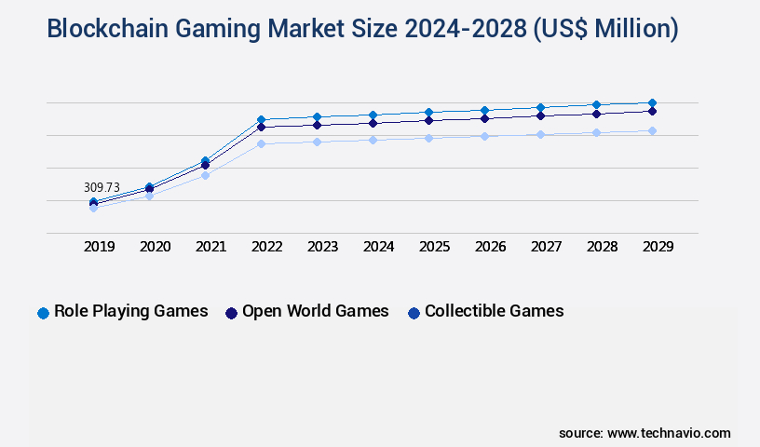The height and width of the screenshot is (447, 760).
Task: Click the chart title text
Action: click(x=362, y=29)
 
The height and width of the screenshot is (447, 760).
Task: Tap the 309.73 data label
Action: click(x=103, y=187)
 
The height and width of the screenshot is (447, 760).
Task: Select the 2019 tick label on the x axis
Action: click(x=99, y=247)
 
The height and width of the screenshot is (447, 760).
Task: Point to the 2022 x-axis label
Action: click(x=266, y=247)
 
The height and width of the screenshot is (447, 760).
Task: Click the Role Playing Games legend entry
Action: click(x=130, y=312)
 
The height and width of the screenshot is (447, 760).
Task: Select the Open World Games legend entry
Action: click(x=315, y=312)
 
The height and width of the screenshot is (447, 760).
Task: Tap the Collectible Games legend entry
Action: click(x=494, y=312)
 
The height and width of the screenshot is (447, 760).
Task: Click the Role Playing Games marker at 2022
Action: click(x=261, y=119)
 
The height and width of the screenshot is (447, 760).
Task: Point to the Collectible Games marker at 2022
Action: click(x=261, y=143)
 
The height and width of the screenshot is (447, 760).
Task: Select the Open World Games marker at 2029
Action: click(x=652, y=111)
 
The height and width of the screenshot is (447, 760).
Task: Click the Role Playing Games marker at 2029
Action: click(x=652, y=102)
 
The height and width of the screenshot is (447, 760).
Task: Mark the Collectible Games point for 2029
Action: click(x=652, y=130)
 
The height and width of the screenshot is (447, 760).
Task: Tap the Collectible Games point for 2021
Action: click(x=205, y=175)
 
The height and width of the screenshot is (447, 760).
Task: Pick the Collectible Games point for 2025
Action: click(x=428, y=138)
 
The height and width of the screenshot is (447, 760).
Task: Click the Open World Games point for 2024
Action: click(x=373, y=123)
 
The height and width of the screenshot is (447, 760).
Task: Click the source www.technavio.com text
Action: click(x=645, y=433)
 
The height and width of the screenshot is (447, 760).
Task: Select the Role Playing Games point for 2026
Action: click(x=484, y=110)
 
